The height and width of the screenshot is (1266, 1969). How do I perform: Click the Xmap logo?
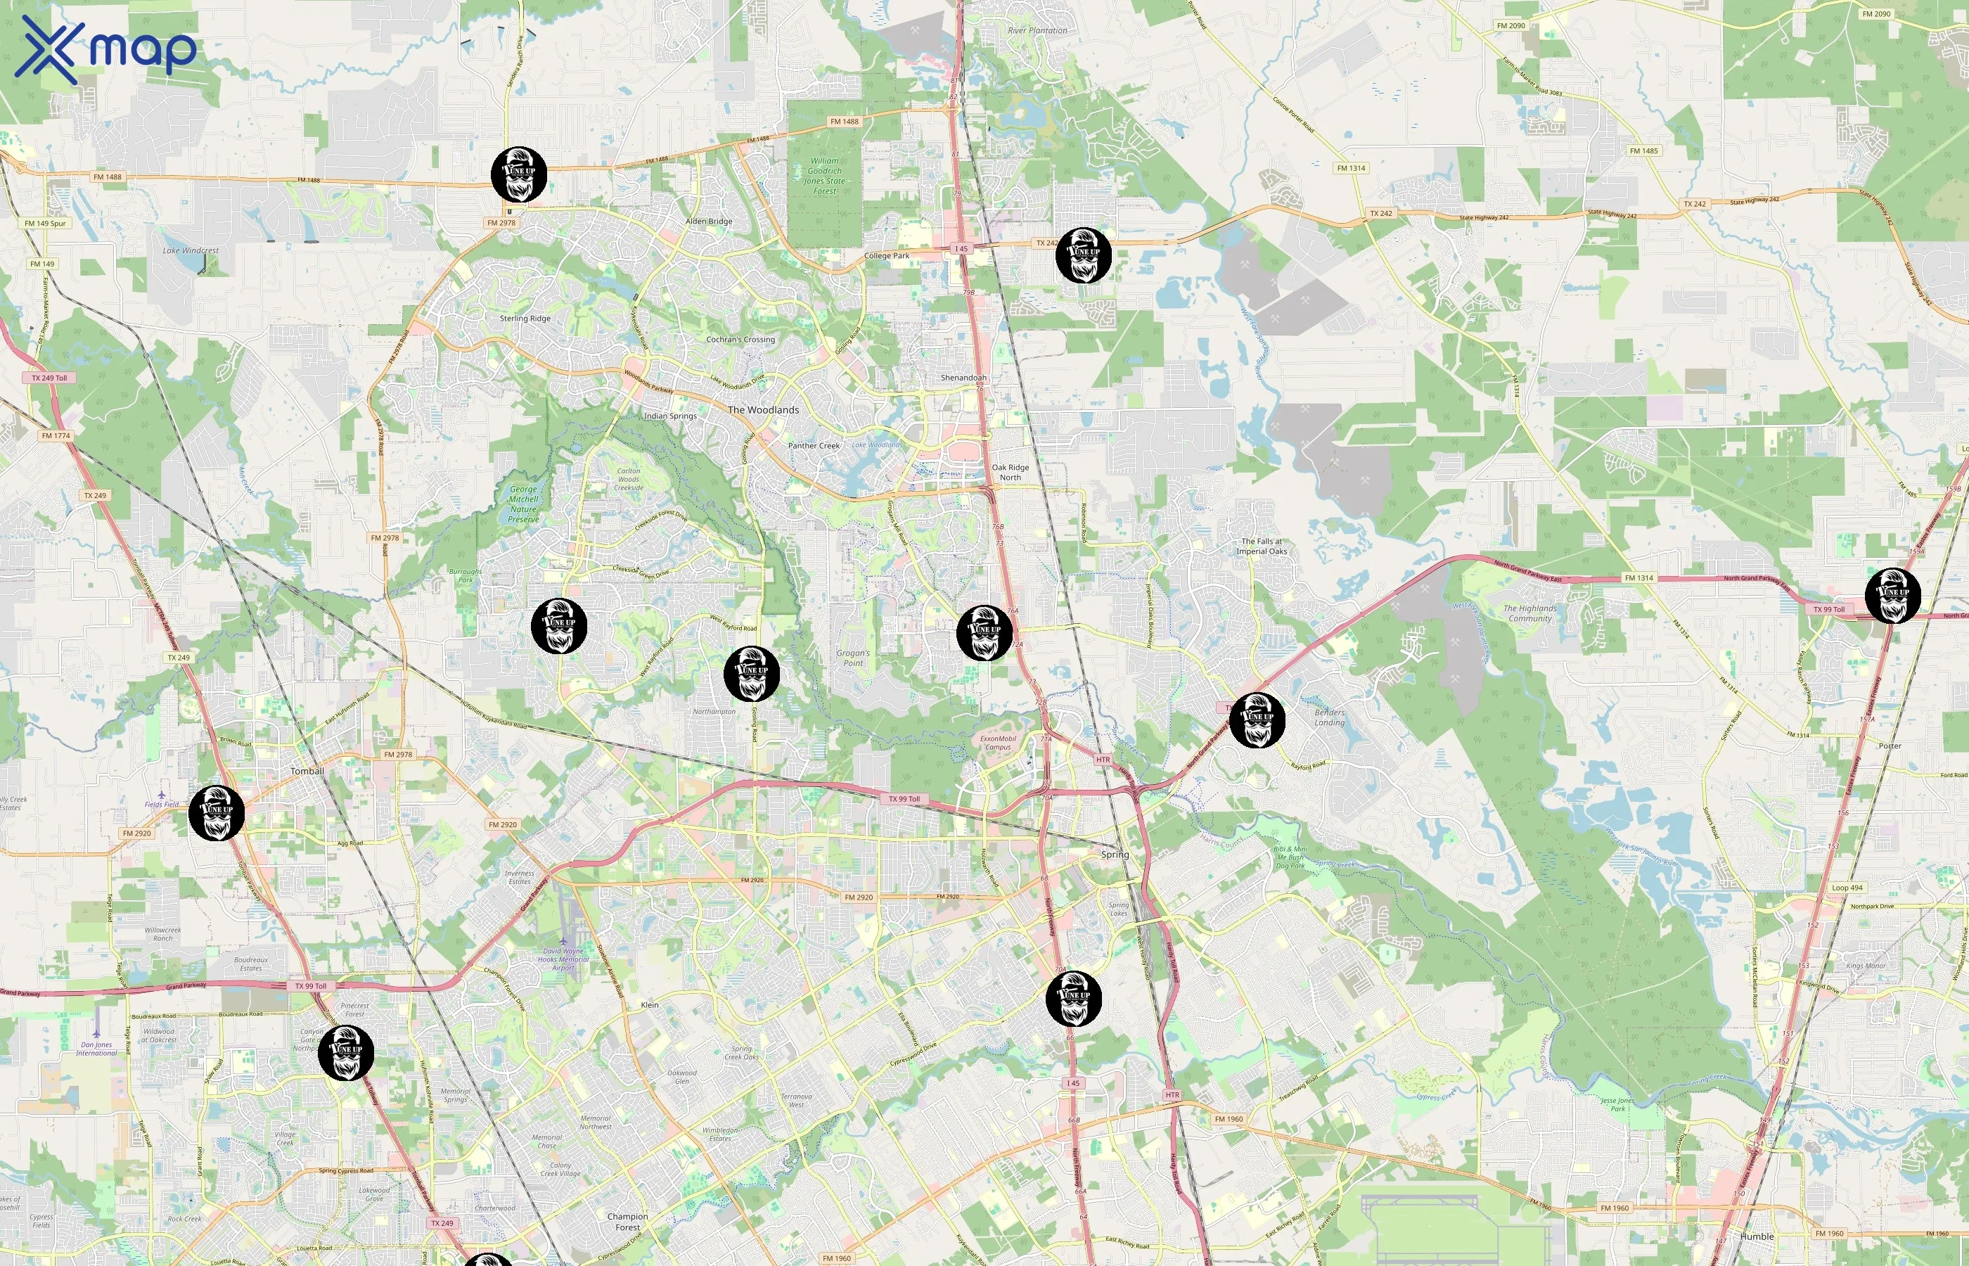tap(105, 49)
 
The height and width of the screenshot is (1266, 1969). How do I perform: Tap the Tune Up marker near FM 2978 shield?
tap(518, 174)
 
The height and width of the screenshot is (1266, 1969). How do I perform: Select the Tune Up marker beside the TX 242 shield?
tap(1083, 255)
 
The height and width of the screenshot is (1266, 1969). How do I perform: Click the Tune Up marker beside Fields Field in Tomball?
tap(216, 813)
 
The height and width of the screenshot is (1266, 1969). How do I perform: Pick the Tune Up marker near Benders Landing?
tap(1257, 720)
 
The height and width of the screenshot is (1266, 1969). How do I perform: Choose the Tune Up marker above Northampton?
tap(751, 673)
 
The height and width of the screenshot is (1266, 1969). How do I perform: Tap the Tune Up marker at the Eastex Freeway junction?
tap(1892, 595)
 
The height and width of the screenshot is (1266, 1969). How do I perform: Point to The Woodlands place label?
tap(762, 409)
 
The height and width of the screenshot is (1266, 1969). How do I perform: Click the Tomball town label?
tap(307, 771)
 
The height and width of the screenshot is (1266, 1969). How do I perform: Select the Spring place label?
tap(1115, 854)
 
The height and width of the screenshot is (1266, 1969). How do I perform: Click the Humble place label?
tap(1756, 1236)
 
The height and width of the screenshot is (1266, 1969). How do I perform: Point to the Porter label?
tap(1890, 746)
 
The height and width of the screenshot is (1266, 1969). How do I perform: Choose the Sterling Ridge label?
tap(525, 318)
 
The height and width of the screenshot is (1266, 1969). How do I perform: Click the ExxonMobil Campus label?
tap(998, 742)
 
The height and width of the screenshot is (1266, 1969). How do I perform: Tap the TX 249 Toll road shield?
tap(49, 378)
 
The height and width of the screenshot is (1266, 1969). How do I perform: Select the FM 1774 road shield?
tap(56, 435)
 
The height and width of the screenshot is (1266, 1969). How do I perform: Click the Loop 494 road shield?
tap(1847, 888)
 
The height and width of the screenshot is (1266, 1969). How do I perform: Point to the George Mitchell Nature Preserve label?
tap(523, 504)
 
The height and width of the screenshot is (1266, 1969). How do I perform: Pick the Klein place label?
tap(649, 1004)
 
